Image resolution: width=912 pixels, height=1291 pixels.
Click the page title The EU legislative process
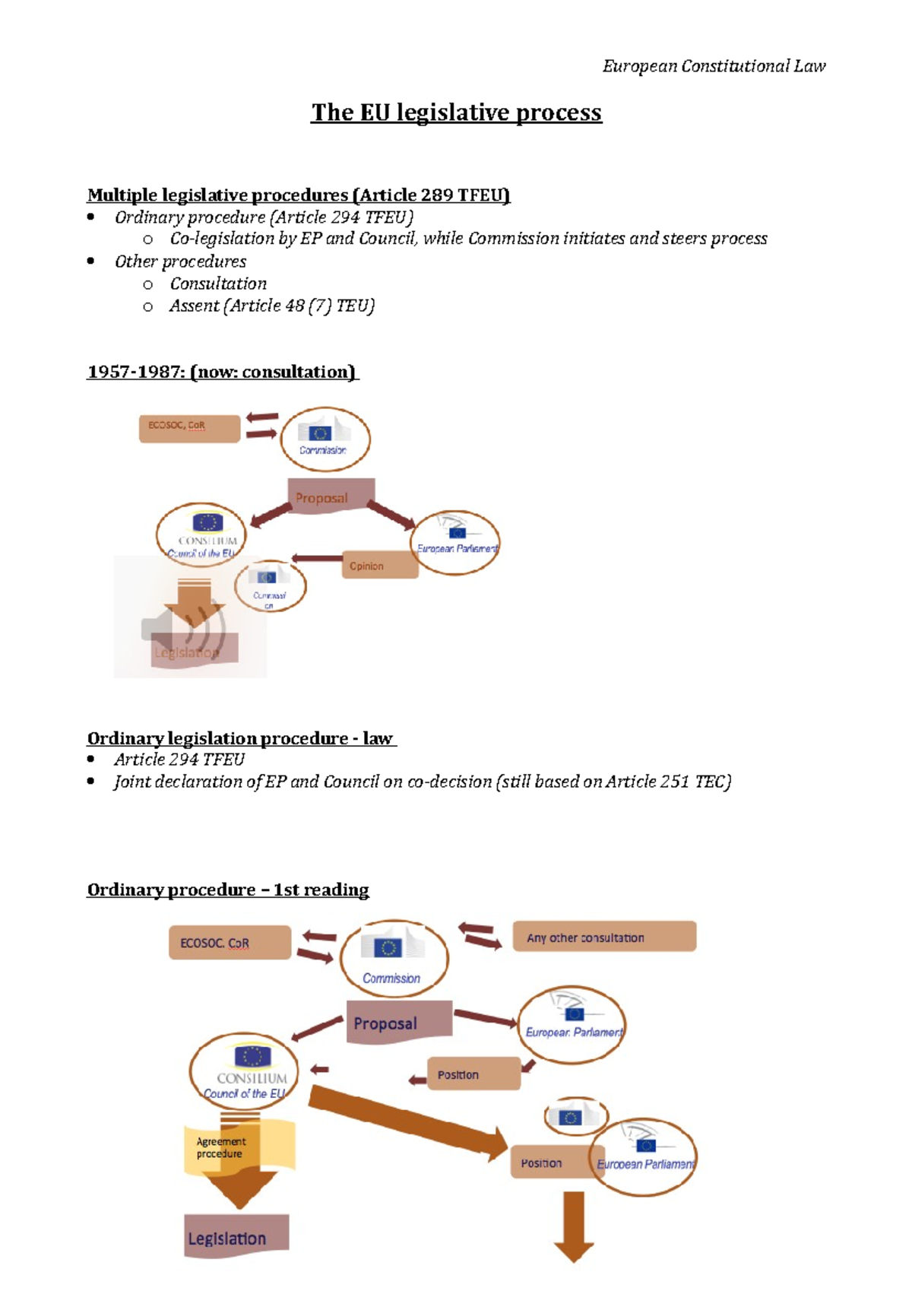point(456,113)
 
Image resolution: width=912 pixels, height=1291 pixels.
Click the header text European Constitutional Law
point(714,66)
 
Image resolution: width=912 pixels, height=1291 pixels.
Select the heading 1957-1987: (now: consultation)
point(222,372)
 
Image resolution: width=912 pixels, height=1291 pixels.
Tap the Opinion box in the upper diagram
point(380,566)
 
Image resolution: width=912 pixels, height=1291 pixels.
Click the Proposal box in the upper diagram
point(331,496)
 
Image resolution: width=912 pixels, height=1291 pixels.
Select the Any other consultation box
point(604,937)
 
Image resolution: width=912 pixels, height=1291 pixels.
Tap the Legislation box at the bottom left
point(236,1237)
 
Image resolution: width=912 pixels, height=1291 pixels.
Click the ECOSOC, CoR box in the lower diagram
point(230,943)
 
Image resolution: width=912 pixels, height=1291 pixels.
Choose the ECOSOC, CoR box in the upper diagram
point(189,428)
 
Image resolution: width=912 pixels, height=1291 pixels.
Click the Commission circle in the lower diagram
point(393,958)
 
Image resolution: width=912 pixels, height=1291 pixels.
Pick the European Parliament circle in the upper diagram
point(456,542)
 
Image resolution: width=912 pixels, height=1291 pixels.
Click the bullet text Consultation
point(218,284)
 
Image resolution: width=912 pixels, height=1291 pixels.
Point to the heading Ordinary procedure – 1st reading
point(228,890)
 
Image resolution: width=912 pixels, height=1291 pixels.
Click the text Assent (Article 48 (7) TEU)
point(271,306)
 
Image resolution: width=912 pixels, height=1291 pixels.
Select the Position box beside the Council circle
point(473,1074)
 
